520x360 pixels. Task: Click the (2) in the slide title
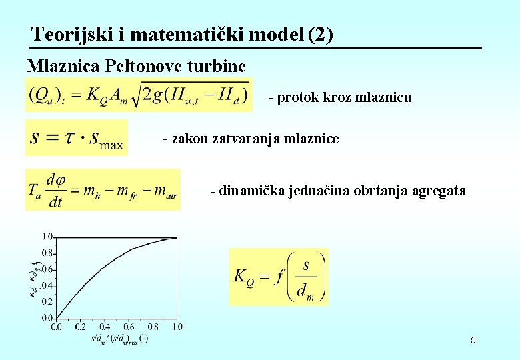coord(321,34)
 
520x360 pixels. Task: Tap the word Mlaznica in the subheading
coord(55,66)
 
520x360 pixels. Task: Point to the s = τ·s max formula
coord(77,138)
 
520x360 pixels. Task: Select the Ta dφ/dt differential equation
coord(103,190)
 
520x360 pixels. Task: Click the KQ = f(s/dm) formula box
coord(279,277)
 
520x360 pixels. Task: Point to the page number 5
coord(473,341)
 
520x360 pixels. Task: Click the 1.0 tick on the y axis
coord(47,237)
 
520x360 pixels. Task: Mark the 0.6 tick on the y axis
coord(47,269)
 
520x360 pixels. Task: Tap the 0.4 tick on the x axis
coord(105,327)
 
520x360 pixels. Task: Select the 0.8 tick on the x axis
coord(153,327)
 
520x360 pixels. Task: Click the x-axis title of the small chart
coord(120,338)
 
